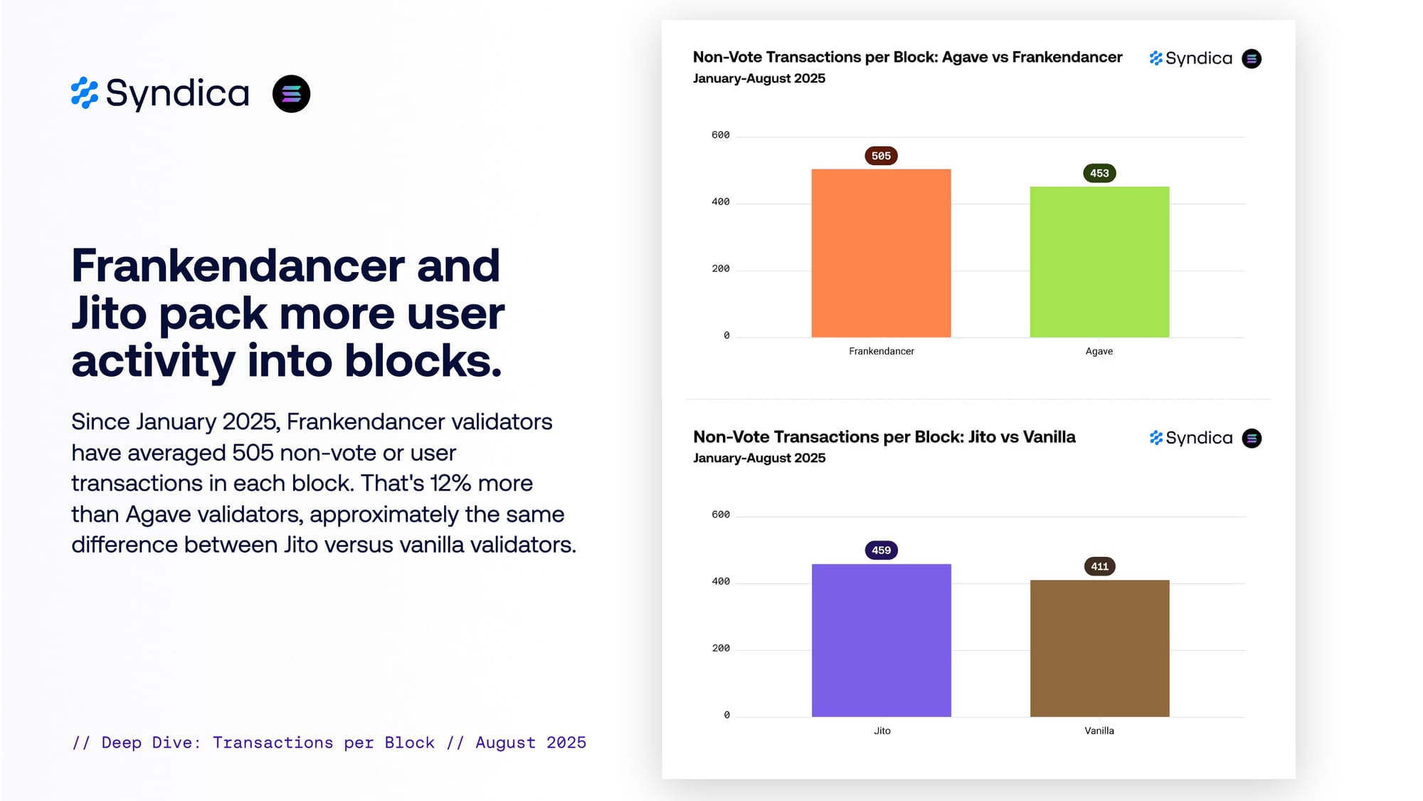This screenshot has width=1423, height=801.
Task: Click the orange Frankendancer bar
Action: point(881,253)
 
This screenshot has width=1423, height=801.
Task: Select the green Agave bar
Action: point(1099,262)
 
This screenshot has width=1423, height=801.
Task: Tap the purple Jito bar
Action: point(881,640)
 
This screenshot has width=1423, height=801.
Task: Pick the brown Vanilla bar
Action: point(1099,648)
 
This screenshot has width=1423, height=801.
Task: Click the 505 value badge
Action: point(881,156)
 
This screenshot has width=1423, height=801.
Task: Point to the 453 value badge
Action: point(1099,173)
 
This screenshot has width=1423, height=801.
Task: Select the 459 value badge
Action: point(881,550)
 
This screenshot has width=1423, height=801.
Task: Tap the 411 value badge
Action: point(1099,567)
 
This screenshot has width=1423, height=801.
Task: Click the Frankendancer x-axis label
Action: point(881,351)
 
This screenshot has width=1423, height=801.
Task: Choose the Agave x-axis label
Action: point(1099,351)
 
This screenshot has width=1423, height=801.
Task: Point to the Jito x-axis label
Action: point(882,731)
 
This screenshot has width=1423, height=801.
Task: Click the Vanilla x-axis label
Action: point(1099,731)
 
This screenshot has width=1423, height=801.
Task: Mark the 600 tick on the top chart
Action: point(720,135)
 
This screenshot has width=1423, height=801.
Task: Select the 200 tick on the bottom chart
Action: point(720,649)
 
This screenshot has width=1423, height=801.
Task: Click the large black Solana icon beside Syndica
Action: point(291,94)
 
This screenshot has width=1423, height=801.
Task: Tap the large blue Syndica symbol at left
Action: point(85,93)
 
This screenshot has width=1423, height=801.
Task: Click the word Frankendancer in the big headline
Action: point(238,266)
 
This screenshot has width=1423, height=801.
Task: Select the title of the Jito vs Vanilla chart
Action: point(884,437)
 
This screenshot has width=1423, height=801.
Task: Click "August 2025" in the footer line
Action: point(531,743)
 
